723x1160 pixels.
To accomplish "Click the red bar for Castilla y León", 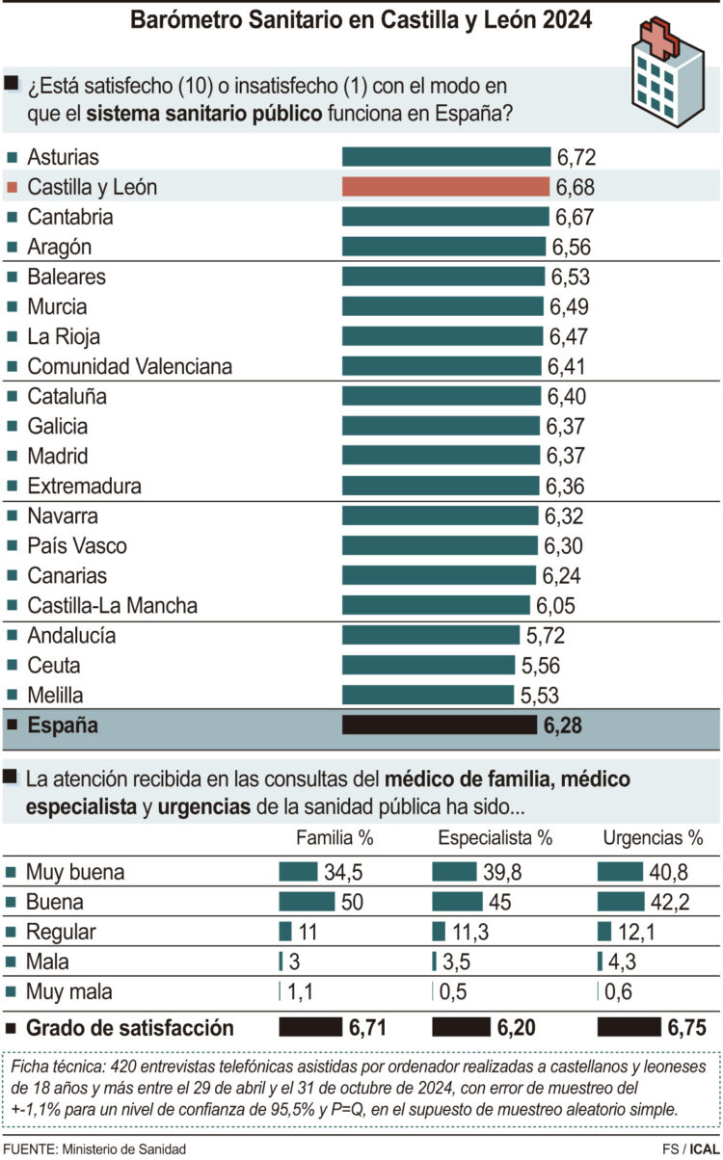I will tap(446, 186).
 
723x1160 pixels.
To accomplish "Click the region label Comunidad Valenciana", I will tap(129, 366).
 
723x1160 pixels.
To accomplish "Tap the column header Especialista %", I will tap(495, 837).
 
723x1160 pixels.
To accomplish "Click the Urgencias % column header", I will tap(653, 837).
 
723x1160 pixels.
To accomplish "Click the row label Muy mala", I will tap(69, 991).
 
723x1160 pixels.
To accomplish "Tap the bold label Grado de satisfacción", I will tap(129, 1028).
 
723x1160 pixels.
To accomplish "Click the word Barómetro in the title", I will tap(182, 20).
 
